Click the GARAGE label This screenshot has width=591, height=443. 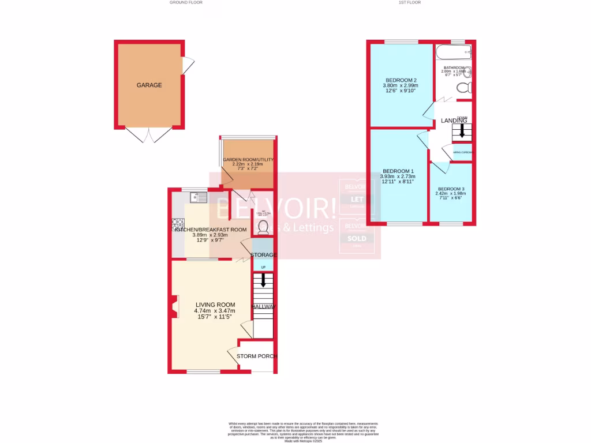tap(149, 85)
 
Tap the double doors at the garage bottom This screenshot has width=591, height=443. tap(149, 136)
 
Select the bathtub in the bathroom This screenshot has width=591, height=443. tap(454, 54)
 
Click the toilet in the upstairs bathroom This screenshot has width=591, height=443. tap(464, 88)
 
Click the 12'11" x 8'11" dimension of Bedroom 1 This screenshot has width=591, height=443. tap(398, 182)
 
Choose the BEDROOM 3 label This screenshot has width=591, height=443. tap(451, 189)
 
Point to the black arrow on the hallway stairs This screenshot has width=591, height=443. tap(264, 281)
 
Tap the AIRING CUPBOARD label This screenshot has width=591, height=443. tap(463, 152)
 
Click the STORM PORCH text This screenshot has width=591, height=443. tap(257, 356)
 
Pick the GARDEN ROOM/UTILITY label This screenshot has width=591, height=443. tap(248, 160)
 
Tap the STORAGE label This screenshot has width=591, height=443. tap(263, 254)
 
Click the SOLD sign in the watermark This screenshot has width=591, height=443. tap(360, 238)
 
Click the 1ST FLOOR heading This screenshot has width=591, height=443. tap(410, 2)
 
